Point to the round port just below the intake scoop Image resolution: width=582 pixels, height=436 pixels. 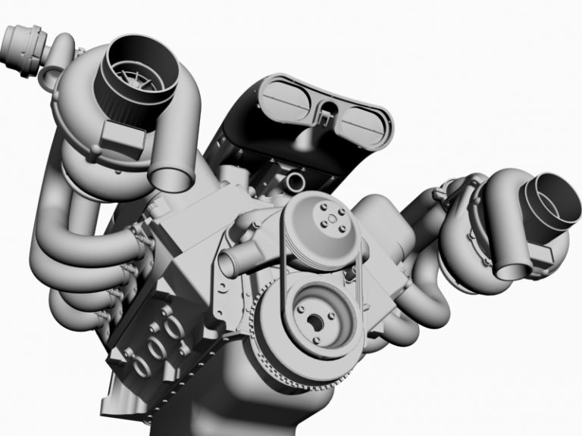pyautogui.click(x=295, y=182)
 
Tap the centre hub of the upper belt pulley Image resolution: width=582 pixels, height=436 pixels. pyautogui.click(x=331, y=220)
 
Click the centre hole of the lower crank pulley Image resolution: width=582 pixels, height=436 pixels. pyautogui.click(x=314, y=321)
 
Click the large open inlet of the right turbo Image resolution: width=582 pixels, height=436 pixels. pyautogui.click(x=557, y=201)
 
